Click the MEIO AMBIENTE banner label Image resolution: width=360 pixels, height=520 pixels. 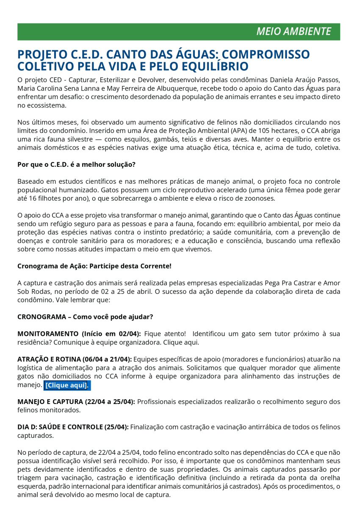[x=294, y=32]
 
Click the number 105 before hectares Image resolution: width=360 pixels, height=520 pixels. [x=258, y=131]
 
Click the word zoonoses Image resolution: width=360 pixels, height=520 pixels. [x=260, y=198]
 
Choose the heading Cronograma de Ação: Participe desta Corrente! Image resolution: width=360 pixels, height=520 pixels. [x=94, y=266]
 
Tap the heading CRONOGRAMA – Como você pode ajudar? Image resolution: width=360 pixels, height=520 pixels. [x=85, y=317]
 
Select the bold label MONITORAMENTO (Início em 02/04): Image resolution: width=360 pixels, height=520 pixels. [x=79, y=334]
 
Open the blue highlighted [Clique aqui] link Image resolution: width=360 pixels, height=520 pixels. [x=66, y=385]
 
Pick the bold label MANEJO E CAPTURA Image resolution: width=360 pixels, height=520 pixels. [x=50, y=401]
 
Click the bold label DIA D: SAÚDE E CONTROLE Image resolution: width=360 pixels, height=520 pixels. [x=61, y=427]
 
